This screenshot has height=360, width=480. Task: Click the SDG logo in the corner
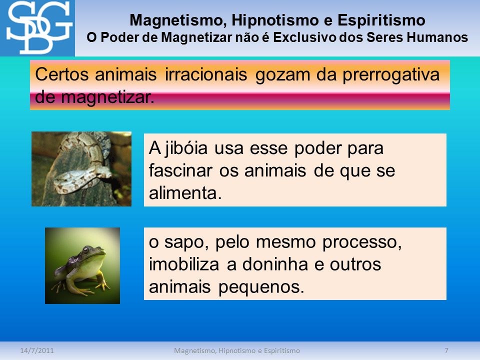click(x=37, y=28)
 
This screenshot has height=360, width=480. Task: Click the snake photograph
click(x=81, y=169)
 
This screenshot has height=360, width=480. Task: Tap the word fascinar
click(x=180, y=170)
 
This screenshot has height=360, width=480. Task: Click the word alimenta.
click(x=185, y=193)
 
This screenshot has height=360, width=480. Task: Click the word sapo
click(x=186, y=243)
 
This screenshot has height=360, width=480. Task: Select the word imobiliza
click(x=184, y=264)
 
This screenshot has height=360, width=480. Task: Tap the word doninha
click(x=275, y=264)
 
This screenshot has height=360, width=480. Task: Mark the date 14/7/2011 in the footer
click(x=36, y=350)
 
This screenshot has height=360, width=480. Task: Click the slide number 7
click(x=446, y=350)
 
